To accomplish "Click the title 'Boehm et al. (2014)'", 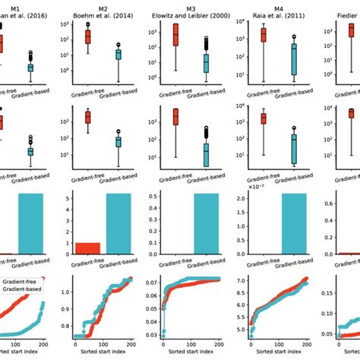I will click(105, 14).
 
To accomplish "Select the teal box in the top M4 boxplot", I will click(292, 58).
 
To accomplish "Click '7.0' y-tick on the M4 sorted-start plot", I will click(232, 281).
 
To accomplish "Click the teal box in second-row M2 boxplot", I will click(118, 142).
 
